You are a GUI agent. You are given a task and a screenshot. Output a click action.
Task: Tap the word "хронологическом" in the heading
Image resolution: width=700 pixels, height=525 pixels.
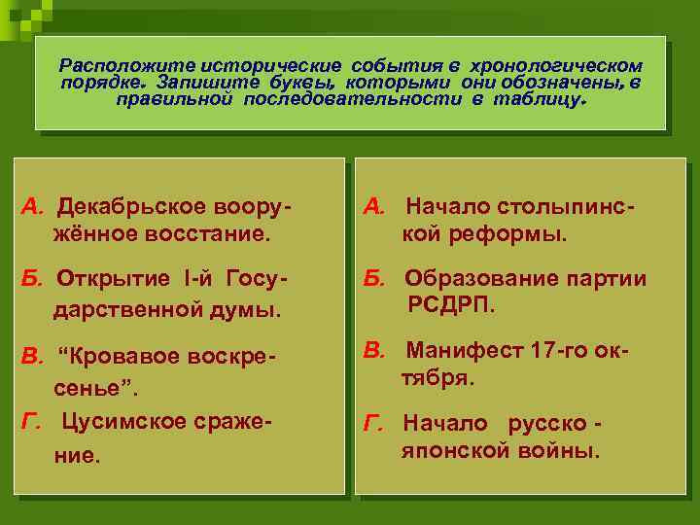coord(556,66)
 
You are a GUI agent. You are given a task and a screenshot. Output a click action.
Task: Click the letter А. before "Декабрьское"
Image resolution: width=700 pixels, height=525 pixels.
coord(34,207)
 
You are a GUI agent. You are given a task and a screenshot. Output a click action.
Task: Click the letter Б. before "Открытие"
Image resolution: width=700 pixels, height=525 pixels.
coord(34,280)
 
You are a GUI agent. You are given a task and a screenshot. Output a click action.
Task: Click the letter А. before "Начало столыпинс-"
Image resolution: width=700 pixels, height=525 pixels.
coord(375,207)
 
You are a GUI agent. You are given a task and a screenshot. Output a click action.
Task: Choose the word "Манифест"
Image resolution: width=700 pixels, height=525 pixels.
coord(457,350)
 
